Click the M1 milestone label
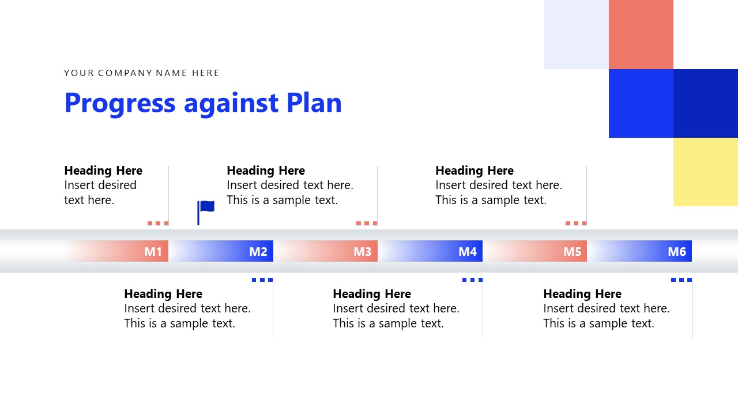[153, 252]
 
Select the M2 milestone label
[258, 252]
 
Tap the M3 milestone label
[362, 252]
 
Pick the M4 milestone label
[467, 252]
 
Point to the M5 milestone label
[572, 252]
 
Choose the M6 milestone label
[676, 252]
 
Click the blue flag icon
[206, 212]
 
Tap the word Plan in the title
[314, 103]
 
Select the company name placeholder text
[142, 73]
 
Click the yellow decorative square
[705, 172]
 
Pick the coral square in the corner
[641, 35]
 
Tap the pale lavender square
[576, 35]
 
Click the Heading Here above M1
[103, 171]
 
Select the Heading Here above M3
[266, 171]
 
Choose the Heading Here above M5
[475, 171]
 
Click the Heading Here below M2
[163, 294]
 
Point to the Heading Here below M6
[582, 294]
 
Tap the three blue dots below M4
[472, 280]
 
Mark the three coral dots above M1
[157, 223]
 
